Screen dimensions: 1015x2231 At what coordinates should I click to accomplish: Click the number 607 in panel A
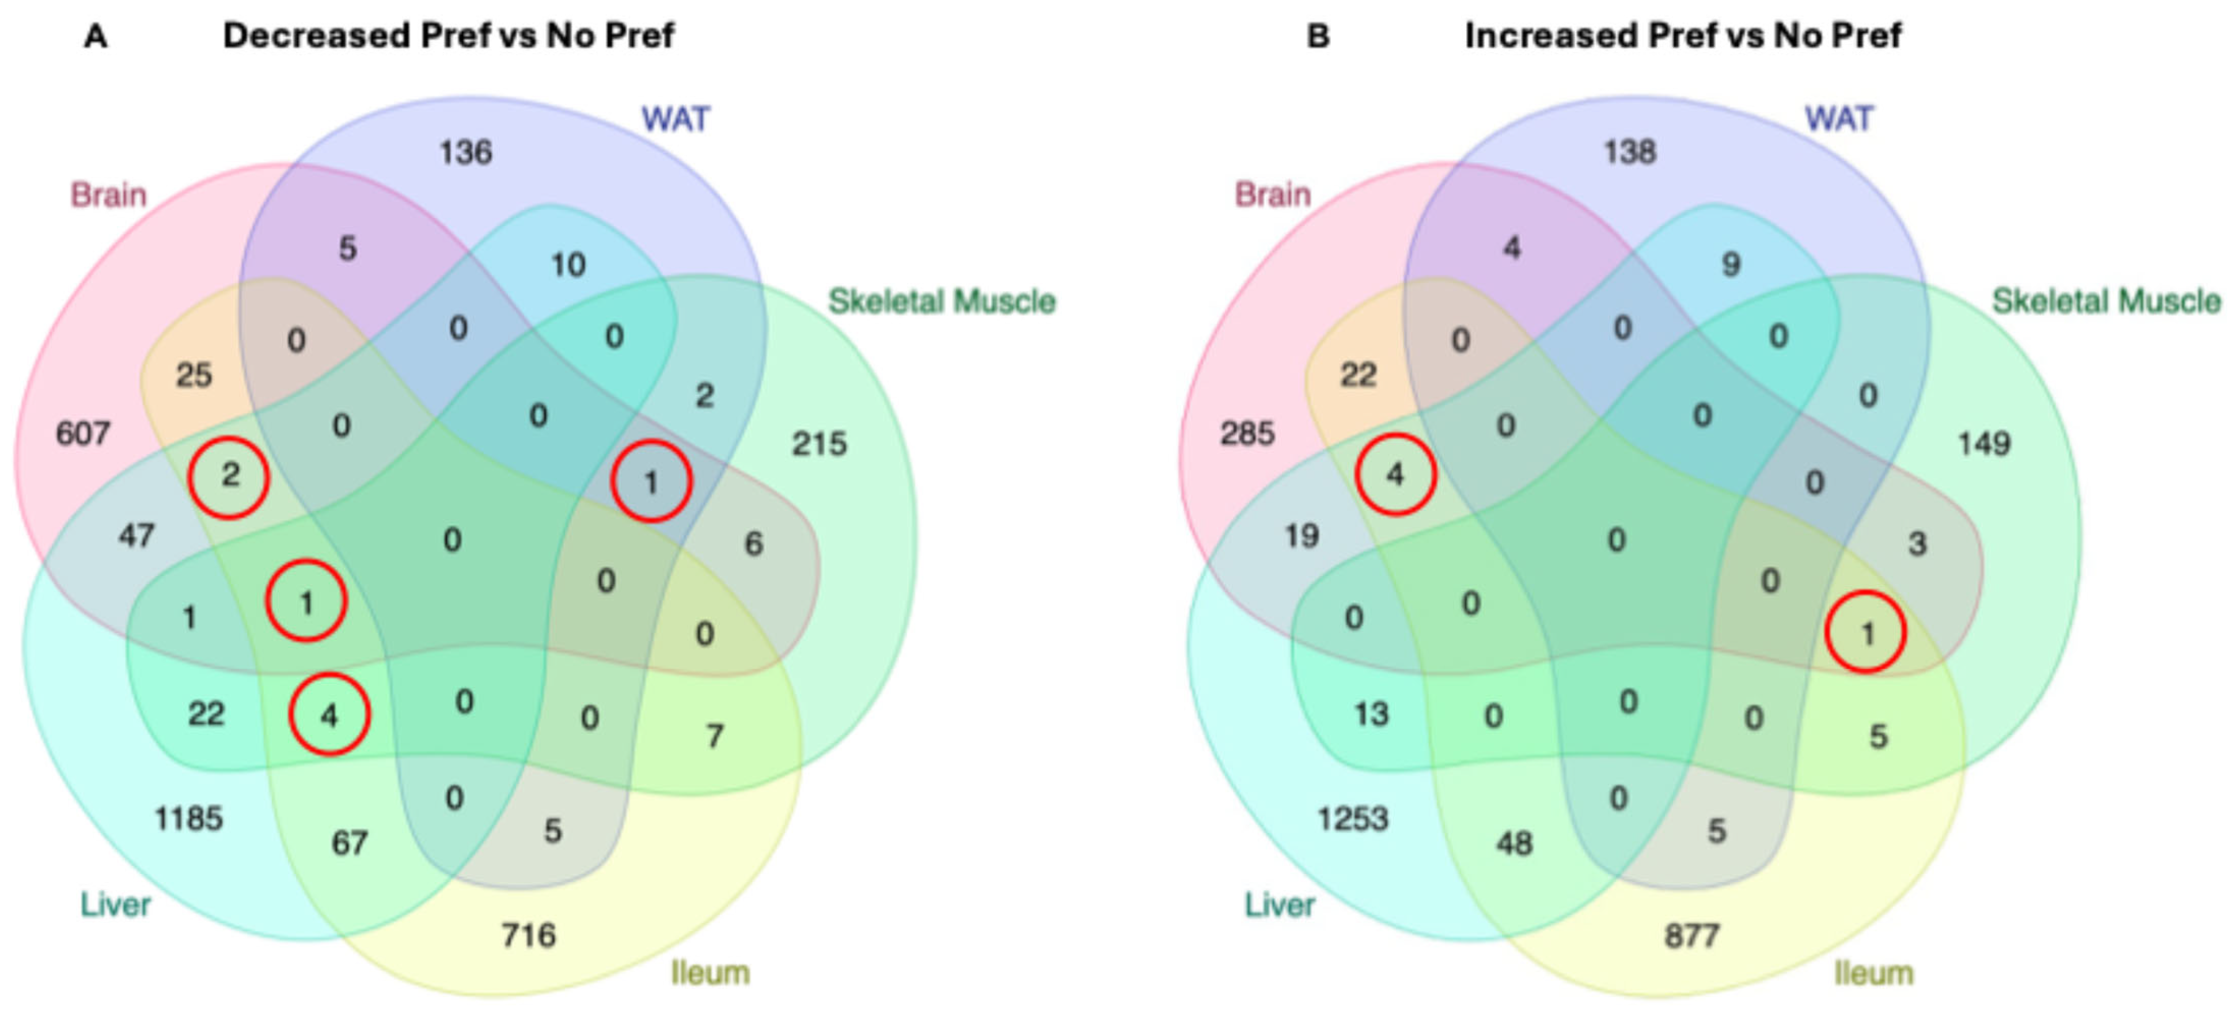tap(83, 433)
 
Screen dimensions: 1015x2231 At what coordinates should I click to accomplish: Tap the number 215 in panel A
tap(819, 444)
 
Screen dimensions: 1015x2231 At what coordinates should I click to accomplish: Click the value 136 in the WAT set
tap(466, 152)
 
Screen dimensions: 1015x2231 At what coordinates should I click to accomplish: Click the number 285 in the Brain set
tap(1247, 433)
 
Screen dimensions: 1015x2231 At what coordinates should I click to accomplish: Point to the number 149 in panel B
tap(1983, 444)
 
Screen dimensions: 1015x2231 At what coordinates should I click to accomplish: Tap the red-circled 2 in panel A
tap(230, 476)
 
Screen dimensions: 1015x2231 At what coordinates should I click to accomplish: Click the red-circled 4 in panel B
tap(1395, 475)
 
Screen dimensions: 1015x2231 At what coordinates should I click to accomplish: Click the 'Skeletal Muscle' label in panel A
tap(941, 301)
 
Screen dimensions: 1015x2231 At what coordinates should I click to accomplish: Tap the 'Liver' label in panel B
tap(1279, 905)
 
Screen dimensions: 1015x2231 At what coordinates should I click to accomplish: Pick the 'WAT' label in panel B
tap(1838, 119)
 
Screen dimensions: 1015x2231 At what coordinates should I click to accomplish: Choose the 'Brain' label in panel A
tap(108, 195)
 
